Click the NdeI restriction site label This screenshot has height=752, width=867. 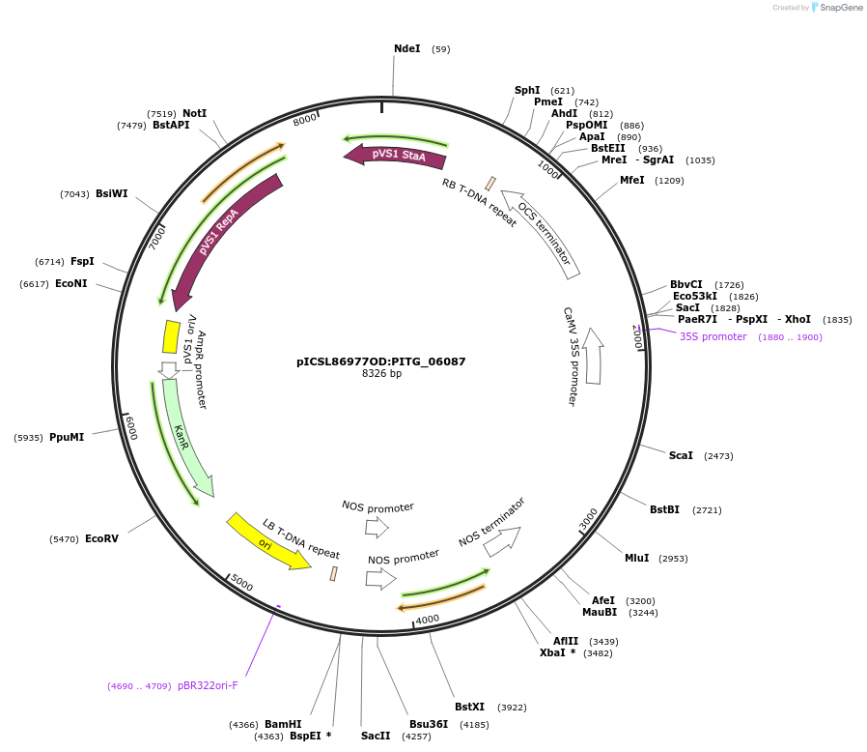point(406,48)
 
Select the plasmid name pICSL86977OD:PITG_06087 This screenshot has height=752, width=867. point(381,362)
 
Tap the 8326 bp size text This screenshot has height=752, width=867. point(381,373)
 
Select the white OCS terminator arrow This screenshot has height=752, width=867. point(541,233)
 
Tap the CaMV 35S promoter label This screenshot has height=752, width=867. point(571,356)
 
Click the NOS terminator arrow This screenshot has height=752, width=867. point(501,541)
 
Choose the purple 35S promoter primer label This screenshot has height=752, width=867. point(713,336)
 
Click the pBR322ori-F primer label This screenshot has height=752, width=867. point(208,685)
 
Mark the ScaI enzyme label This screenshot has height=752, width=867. point(681,455)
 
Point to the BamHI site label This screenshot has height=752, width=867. point(283,724)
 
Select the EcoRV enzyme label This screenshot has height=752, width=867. point(101,538)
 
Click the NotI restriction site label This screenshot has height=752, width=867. point(194,113)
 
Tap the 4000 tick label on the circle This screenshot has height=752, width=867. point(427,619)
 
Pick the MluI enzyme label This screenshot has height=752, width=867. point(637,558)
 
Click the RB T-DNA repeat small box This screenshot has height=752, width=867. point(490,184)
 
